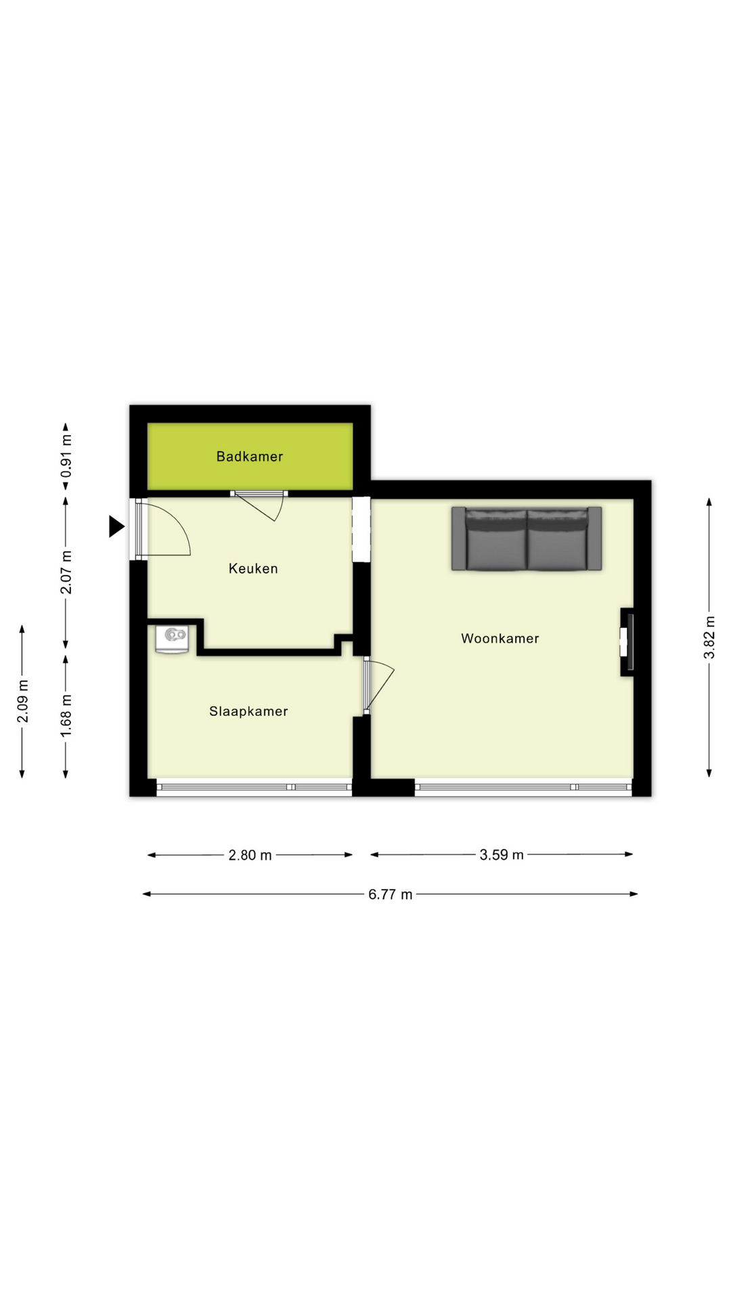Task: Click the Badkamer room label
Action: (x=250, y=457)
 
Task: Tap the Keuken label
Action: (x=253, y=569)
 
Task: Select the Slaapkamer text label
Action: (x=248, y=712)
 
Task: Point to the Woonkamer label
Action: (x=500, y=639)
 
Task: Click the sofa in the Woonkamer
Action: (x=527, y=539)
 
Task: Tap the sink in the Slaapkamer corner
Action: (x=173, y=638)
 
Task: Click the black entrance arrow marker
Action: (x=116, y=526)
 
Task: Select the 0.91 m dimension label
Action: (x=66, y=456)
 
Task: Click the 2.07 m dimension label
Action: (x=66, y=572)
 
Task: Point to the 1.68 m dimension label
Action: (x=66, y=716)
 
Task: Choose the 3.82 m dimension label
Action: (x=709, y=637)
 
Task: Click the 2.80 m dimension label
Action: (x=250, y=855)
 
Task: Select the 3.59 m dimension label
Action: (x=502, y=854)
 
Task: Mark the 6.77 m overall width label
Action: (x=390, y=894)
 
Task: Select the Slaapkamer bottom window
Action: (x=254, y=787)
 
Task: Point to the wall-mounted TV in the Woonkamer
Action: (x=629, y=642)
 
